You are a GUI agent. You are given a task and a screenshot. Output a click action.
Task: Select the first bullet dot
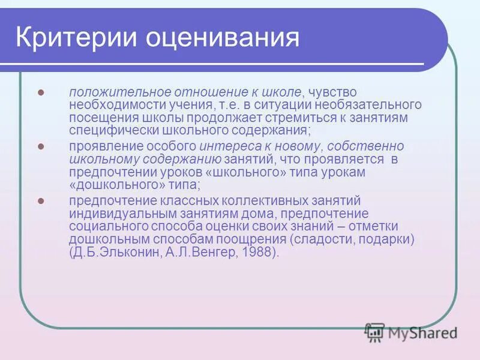pyautogui.click(x=41, y=93)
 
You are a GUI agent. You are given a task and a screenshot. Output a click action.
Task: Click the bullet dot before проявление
pyautogui.click(x=41, y=146)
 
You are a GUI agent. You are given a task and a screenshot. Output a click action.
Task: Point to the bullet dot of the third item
pyautogui.click(x=41, y=200)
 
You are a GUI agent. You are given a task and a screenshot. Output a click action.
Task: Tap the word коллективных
pyautogui.click(x=239, y=200)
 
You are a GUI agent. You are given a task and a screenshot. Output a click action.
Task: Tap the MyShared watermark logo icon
pyautogui.click(x=374, y=332)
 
